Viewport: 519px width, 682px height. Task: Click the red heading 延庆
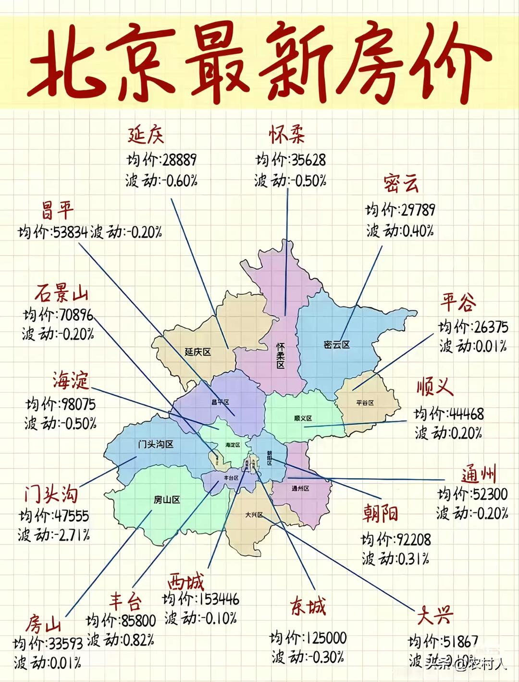pos(146,135)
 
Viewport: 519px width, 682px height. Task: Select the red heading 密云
pos(401,183)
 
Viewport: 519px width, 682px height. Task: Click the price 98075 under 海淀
pos(78,404)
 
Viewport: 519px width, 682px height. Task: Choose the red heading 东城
pos(308,606)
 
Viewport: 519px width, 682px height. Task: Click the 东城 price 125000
pos(326,638)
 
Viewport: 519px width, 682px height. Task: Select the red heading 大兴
pos(434,615)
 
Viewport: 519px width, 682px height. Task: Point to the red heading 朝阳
pos(380,514)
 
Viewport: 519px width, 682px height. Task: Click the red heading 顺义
pos(435,386)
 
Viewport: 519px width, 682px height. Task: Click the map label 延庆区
pos(198,352)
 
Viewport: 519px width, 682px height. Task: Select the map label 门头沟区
pos(155,444)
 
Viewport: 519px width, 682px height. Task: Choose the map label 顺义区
pos(303,418)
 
